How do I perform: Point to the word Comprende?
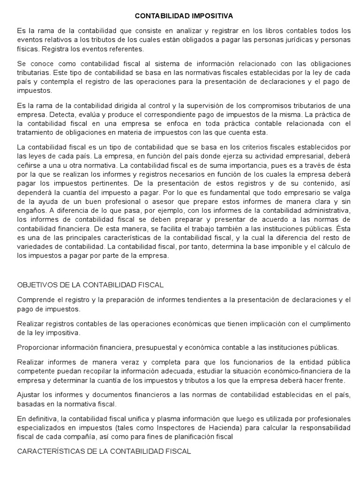(x=37, y=300)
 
